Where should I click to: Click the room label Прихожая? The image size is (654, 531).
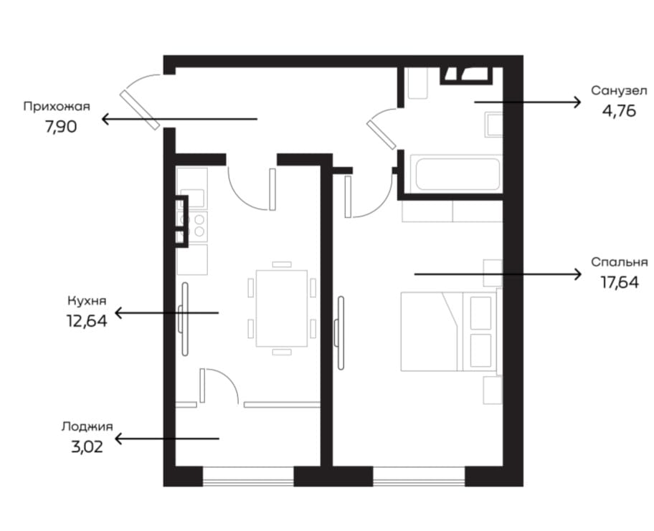click(57, 107)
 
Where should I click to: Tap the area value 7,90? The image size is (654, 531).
click(61, 127)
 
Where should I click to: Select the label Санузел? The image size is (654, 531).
click(619, 90)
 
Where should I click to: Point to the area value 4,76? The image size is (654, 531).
click(619, 111)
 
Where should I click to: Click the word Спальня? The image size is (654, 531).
click(620, 262)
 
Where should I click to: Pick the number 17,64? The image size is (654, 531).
click(620, 282)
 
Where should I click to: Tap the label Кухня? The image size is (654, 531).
click(87, 300)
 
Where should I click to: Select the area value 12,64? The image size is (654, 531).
click(87, 321)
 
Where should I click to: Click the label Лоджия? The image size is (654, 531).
click(87, 427)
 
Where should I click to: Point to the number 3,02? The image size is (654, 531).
click(87, 447)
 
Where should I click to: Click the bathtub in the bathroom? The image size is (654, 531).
click(456, 173)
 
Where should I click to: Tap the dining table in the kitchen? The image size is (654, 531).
click(282, 308)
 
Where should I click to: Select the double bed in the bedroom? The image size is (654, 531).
click(449, 331)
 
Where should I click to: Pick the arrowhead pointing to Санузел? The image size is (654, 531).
click(577, 102)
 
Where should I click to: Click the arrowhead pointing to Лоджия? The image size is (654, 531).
click(119, 439)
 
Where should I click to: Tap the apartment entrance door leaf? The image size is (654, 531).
click(140, 110)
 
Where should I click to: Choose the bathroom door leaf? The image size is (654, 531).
click(381, 134)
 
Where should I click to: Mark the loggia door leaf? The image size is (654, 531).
click(202, 386)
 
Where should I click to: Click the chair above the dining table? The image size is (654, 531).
click(282, 264)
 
